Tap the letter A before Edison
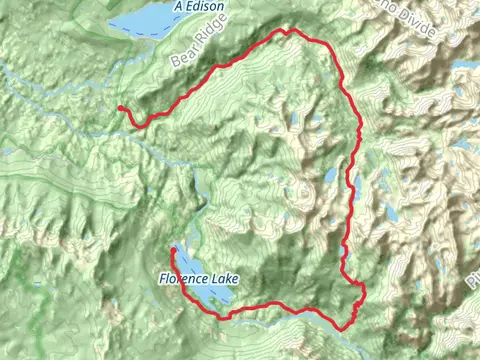tap(178, 7)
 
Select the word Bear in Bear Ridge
tap(179, 60)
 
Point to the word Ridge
tap(200, 42)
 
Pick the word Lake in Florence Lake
tap(224, 281)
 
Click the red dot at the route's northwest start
tap(120, 108)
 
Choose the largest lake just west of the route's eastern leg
tap(330, 176)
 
